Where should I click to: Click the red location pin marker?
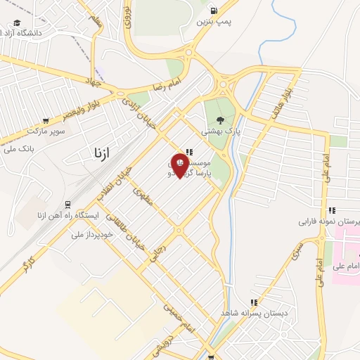[x=180, y=164]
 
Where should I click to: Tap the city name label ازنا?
[x=101, y=152]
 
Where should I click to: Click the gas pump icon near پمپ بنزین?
[x=214, y=11]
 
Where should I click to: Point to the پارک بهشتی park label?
[x=221, y=131]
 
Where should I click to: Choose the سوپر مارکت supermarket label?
[x=46, y=131]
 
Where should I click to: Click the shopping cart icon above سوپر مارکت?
[x=46, y=121]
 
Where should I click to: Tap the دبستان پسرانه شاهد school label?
[x=253, y=312]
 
